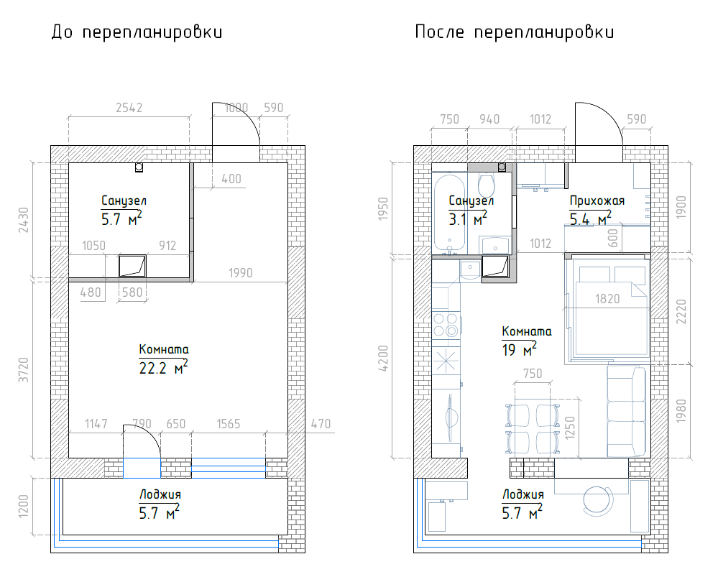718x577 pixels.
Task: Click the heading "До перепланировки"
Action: point(137,32)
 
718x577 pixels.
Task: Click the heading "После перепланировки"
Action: point(514,32)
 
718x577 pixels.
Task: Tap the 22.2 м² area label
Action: point(163,367)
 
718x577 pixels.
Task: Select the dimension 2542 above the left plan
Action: point(129,108)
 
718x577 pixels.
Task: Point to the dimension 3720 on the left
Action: point(23,370)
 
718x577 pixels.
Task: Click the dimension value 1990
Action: point(240,273)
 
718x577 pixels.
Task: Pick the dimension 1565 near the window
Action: point(228,424)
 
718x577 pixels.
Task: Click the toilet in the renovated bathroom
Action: point(486,185)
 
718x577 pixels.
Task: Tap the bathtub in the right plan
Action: point(450,213)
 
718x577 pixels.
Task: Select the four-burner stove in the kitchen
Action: point(446,325)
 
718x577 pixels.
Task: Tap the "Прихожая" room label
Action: point(597,200)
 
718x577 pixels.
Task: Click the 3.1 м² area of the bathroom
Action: point(467,219)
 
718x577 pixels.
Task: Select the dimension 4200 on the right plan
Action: point(383,358)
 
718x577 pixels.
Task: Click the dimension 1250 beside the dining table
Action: point(570,428)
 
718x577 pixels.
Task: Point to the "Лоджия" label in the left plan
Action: point(160,494)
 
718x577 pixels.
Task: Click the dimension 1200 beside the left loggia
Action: point(23,506)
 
